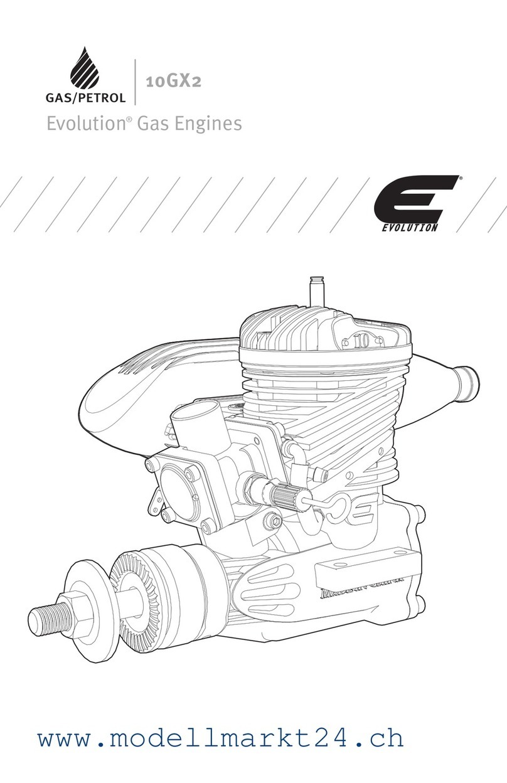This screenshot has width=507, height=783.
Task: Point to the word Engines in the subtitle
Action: tap(210, 124)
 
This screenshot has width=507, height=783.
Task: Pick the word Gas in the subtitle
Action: tap(153, 124)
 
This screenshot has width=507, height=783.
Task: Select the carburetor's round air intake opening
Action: tap(188, 413)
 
